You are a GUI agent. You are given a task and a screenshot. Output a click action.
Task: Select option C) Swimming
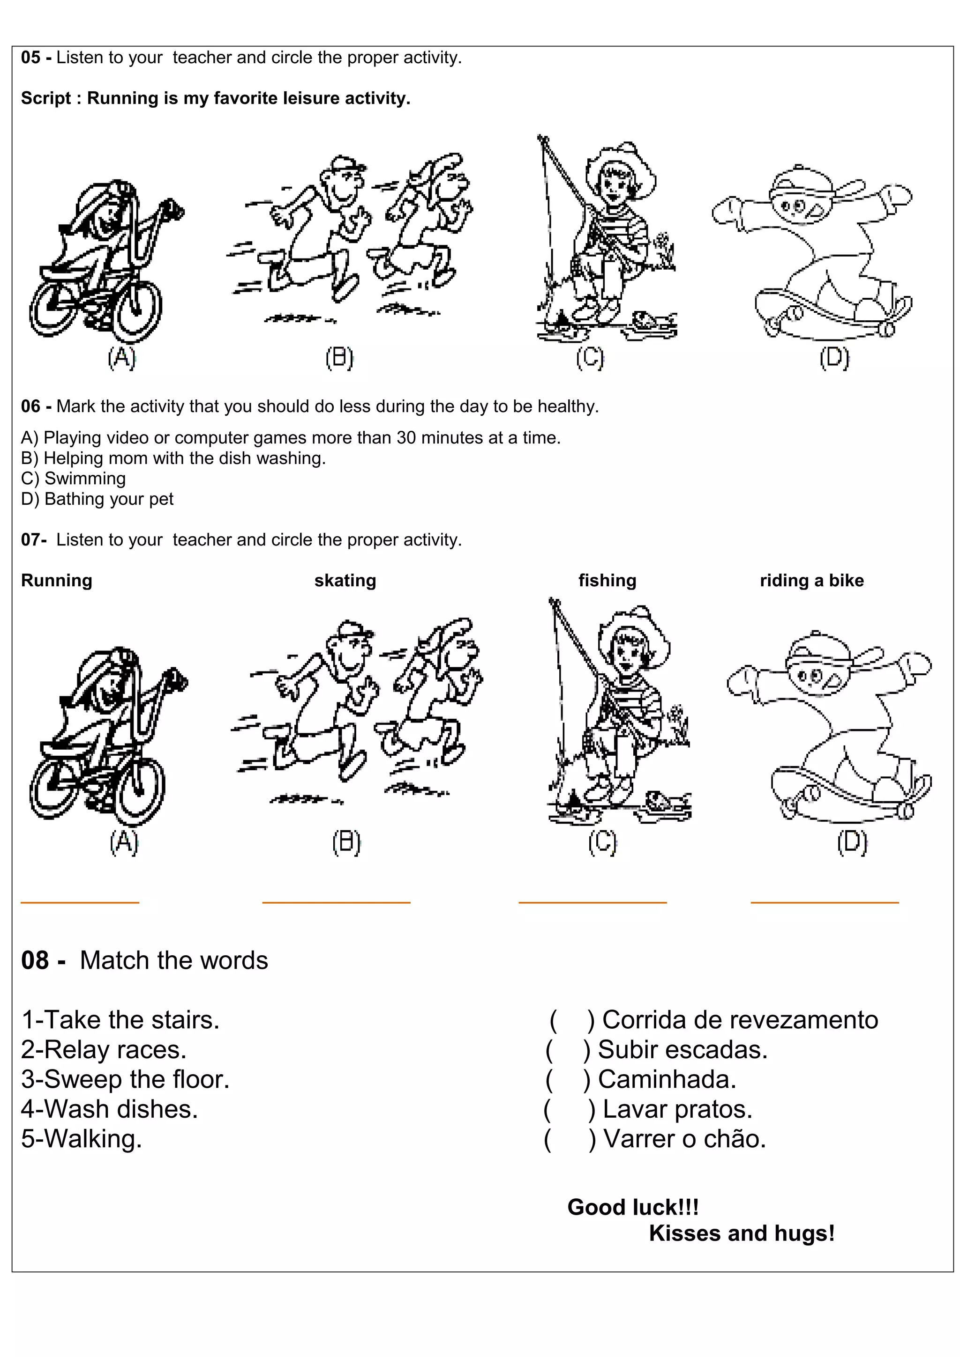[73, 478]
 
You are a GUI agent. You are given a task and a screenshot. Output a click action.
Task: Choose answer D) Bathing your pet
[97, 499]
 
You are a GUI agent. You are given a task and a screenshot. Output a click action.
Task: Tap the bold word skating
[345, 580]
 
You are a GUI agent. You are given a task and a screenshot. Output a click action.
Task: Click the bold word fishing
[607, 580]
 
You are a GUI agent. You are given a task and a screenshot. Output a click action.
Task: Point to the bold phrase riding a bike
[811, 580]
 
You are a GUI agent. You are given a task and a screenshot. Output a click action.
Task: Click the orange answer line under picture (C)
[592, 902]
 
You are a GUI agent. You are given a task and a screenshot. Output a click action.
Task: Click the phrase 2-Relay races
[104, 1050]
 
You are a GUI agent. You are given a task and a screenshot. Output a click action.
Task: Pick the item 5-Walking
[82, 1139]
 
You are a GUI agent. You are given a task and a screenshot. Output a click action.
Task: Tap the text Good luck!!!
[633, 1207]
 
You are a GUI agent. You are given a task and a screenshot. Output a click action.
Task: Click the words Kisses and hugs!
[741, 1233]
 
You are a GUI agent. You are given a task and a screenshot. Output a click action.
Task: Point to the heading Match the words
[173, 960]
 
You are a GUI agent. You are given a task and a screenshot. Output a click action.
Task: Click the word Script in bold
[45, 98]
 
